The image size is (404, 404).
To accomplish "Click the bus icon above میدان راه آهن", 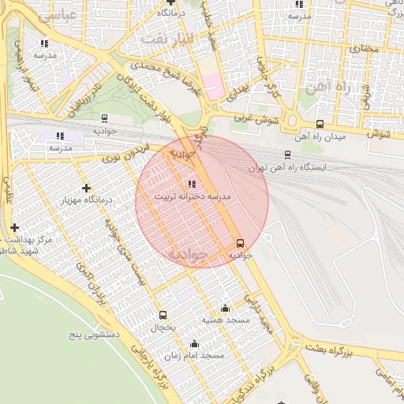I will pyautogui.click(x=320, y=124).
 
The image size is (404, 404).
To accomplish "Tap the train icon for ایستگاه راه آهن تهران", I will pyautogui.click(x=286, y=155).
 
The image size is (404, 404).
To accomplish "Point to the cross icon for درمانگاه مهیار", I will pyautogui.click(x=86, y=188).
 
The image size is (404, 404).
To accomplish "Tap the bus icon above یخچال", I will pyautogui.click(x=163, y=315).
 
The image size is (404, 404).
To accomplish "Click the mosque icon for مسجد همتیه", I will pyautogui.click(x=226, y=309).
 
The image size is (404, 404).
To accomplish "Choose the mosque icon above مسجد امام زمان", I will pyautogui.click(x=194, y=344).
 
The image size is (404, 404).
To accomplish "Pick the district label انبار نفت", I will pyautogui.click(x=166, y=38).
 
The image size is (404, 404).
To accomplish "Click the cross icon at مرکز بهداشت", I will pyautogui.click(x=13, y=227).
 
